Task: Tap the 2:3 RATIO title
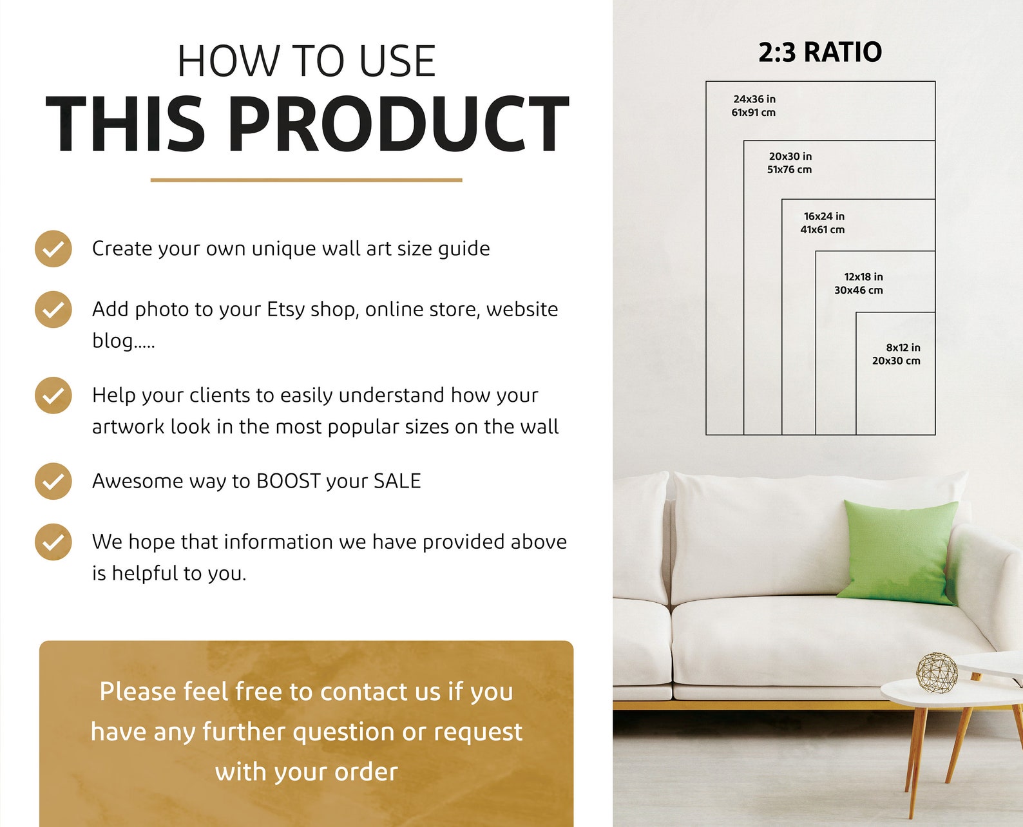pos(819,52)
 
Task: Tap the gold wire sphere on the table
pos(937,672)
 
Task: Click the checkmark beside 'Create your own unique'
pos(53,249)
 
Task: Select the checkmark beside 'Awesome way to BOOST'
pos(53,481)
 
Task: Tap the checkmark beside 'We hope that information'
pos(53,542)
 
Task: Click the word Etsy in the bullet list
pos(285,310)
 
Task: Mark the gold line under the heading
pos(306,180)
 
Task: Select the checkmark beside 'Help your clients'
pos(53,395)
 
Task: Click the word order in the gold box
pos(366,772)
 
